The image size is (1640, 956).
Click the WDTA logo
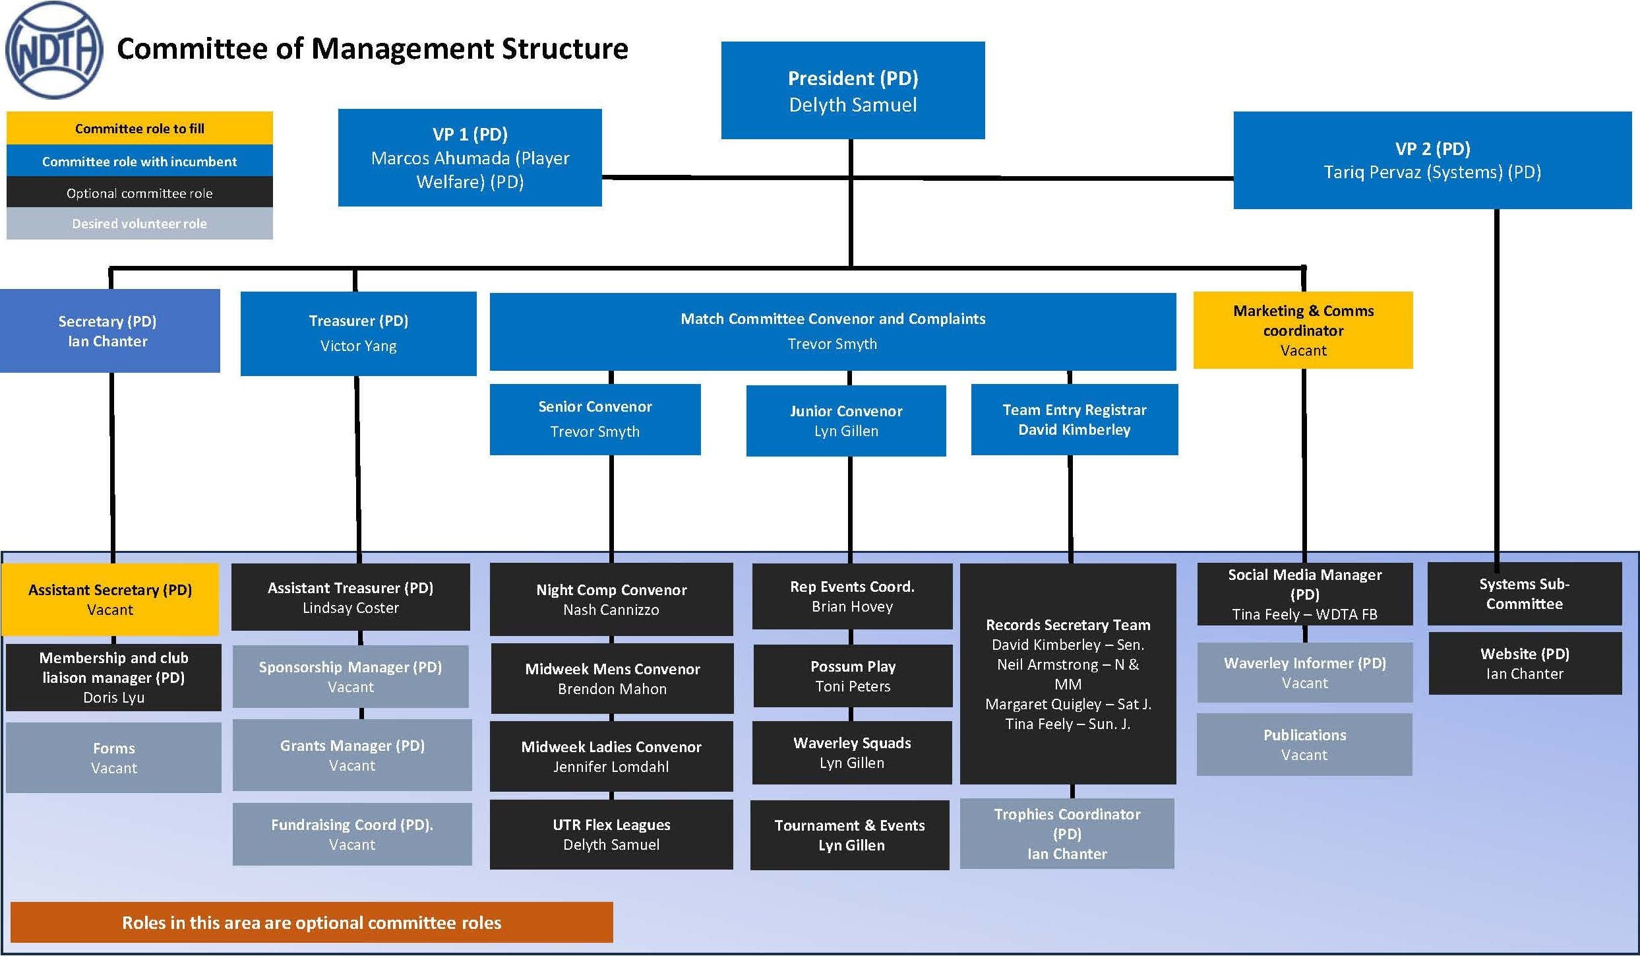tap(54, 50)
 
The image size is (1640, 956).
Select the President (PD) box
tap(853, 90)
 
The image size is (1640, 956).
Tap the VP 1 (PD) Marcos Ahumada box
tap(470, 158)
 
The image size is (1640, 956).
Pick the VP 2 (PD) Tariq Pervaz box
tap(1432, 160)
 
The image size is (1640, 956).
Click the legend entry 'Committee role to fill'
tap(139, 129)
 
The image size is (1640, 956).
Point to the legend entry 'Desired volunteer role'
tap(139, 224)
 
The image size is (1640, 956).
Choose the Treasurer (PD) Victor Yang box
tap(358, 333)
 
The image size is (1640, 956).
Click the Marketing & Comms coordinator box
tap(1303, 330)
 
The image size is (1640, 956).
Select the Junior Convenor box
tap(846, 420)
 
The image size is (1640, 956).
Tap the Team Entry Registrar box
tap(1074, 420)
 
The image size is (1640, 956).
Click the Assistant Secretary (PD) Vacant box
tap(110, 599)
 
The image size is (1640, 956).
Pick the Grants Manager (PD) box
tap(352, 755)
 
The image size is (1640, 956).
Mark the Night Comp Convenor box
tap(611, 599)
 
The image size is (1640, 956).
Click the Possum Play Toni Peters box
tap(853, 676)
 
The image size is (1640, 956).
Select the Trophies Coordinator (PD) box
tap(1067, 833)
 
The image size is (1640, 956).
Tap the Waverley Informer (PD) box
tap(1304, 672)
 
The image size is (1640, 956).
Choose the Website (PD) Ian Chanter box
tap(1525, 663)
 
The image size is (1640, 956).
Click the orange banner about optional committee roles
tap(311, 922)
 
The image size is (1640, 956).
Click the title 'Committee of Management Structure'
tap(372, 49)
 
